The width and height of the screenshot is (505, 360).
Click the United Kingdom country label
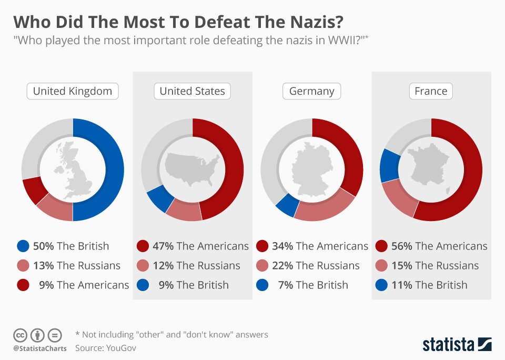point(73,91)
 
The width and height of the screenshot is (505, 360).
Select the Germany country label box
point(312,91)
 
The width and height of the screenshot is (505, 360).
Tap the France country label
point(431,91)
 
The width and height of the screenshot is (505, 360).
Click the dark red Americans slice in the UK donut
point(35,191)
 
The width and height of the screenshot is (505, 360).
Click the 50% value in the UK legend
point(43,246)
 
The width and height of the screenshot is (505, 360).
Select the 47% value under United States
point(163,246)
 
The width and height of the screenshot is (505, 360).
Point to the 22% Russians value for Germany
point(282,266)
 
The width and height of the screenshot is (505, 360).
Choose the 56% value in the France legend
point(402,246)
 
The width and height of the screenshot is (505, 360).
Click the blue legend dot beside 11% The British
point(382,285)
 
